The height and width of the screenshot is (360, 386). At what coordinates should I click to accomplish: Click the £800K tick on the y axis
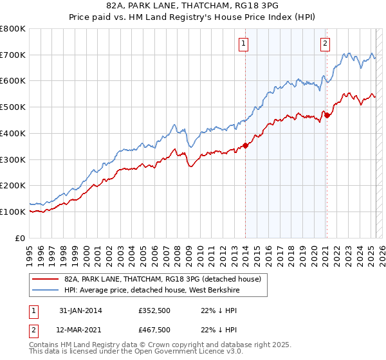tap(13, 29)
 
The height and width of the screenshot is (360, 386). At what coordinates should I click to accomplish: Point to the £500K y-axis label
tap(13, 107)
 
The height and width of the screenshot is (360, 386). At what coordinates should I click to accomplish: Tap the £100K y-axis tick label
tap(13, 212)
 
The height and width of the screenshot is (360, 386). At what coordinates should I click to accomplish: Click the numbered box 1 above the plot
tap(244, 44)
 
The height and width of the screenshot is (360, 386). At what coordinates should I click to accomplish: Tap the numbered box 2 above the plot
tap(325, 44)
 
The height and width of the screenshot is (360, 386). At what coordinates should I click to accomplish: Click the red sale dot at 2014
tap(245, 145)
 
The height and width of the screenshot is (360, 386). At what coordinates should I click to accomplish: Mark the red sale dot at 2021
tap(327, 116)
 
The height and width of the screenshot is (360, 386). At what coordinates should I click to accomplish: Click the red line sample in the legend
tap(44, 279)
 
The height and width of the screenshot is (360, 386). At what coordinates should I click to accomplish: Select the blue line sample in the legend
tap(44, 291)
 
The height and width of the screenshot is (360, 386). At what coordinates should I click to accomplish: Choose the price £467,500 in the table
tap(154, 330)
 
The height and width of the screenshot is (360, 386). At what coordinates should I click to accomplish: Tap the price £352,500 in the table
tap(154, 310)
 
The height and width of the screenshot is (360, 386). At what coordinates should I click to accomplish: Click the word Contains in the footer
tap(44, 346)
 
